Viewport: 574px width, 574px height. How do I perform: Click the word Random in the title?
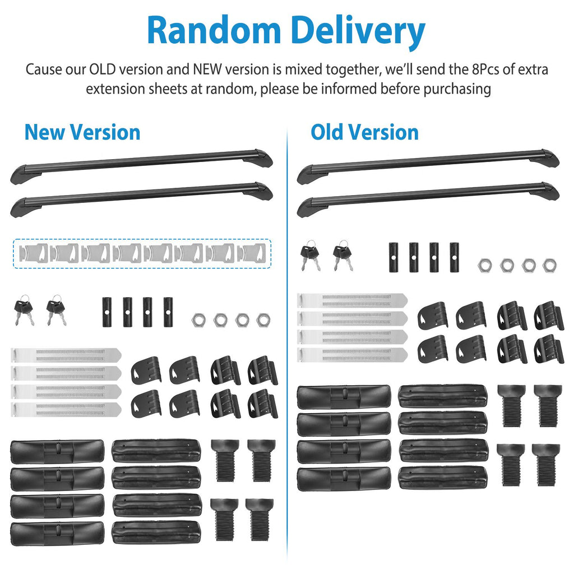click(214, 30)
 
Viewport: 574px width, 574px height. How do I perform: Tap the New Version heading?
click(82, 132)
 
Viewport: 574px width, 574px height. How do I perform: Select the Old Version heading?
click(364, 132)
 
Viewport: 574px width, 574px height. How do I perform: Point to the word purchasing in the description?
click(457, 89)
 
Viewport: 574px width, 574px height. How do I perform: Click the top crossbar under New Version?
click(141, 166)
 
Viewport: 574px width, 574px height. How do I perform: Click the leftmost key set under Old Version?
click(310, 255)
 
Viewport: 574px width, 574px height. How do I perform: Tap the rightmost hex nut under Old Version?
click(549, 265)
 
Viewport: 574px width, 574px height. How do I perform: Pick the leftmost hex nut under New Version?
click(198, 320)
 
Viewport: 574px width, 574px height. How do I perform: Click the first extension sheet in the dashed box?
click(34, 253)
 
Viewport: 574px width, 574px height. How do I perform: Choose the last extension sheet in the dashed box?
click(251, 253)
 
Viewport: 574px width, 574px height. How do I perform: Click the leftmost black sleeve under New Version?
click(107, 312)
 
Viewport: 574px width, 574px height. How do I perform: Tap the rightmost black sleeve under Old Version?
click(454, 257)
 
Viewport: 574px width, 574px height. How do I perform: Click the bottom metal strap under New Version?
click(66, 410)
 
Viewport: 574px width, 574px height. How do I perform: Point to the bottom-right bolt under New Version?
click(260, 519)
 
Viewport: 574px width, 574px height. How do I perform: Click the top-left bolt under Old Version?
click(511, 406)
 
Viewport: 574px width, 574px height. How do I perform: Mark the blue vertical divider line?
click(287, 344)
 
